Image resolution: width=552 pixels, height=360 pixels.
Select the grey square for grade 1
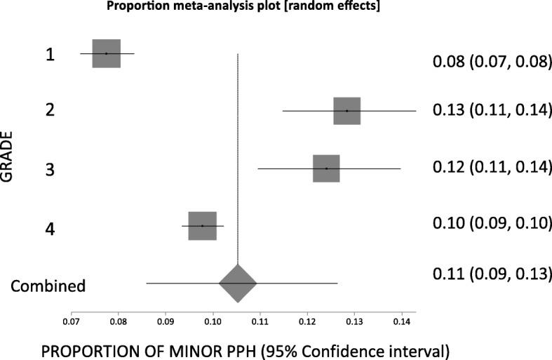107,53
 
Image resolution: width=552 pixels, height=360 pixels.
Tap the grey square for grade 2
346,111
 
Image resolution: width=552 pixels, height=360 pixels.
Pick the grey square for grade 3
326,168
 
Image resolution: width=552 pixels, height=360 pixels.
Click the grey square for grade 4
202,226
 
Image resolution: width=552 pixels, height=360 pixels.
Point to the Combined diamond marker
238,284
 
